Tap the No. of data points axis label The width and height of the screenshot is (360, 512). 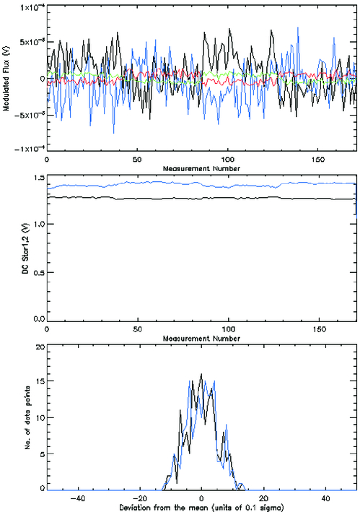click(x=6, y=417)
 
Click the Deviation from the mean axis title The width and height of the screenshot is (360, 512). click(x=200, y=506)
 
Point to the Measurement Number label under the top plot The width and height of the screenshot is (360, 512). click(x=200, y=168)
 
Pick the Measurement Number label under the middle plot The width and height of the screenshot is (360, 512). click(x=200, y=337)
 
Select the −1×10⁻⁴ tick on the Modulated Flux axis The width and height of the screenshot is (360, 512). click(x=25, y=149)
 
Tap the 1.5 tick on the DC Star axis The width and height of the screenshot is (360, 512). click(x=36, y=178)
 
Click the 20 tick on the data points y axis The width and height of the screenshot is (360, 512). click(x=39, y=347)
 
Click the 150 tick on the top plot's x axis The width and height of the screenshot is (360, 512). click(x=318, y=159)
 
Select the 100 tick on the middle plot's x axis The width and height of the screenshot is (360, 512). click(x=228, y=329)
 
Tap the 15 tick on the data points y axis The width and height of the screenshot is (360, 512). click(x=39, y=383)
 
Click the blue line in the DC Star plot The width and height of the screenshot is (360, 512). click(x=180, y=184)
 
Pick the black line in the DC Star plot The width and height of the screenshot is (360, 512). click(x=180, y=197)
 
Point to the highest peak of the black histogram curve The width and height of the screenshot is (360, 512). click(x=201, y=374)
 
